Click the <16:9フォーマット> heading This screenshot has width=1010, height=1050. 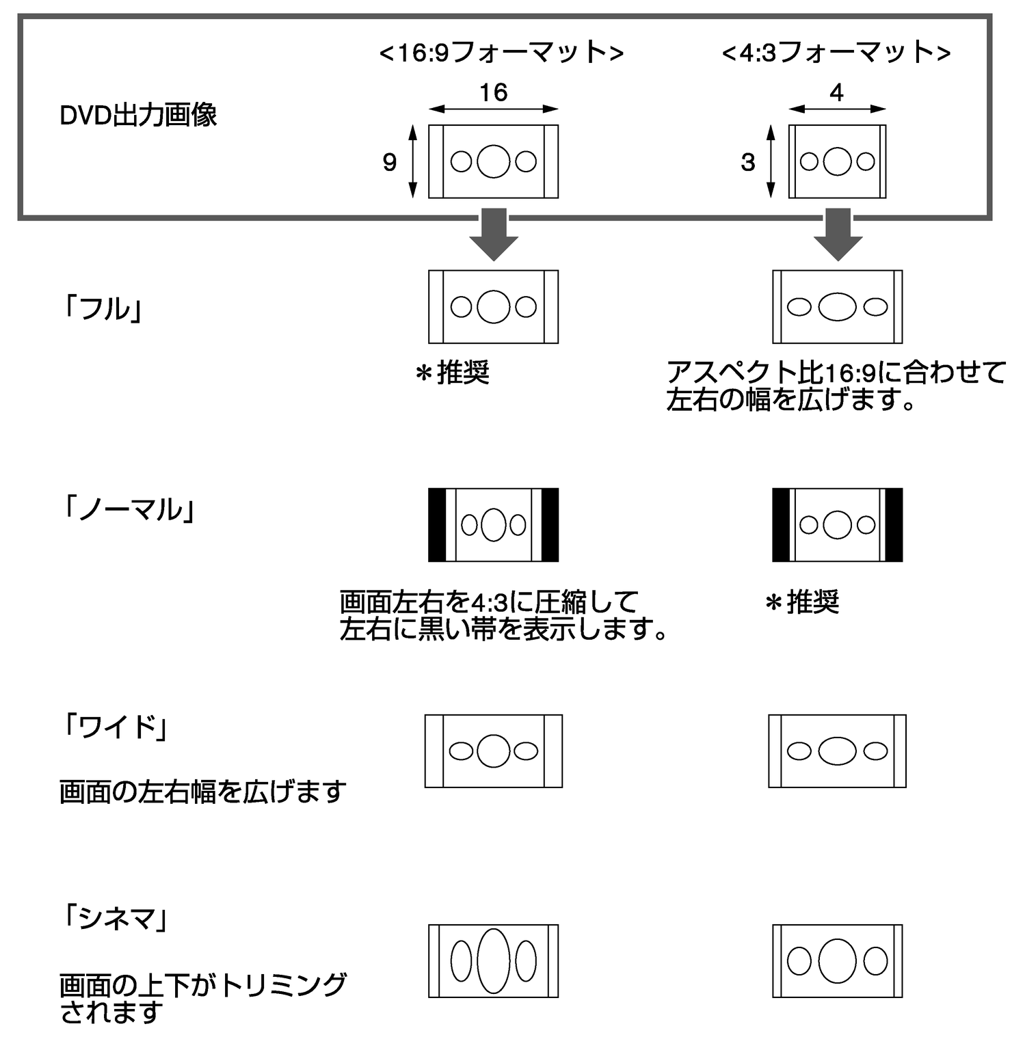pos(501,53)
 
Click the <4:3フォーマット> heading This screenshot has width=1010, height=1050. pos(836,53)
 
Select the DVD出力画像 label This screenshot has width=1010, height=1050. pos(138,115)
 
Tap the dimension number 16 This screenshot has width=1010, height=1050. pos(493,92)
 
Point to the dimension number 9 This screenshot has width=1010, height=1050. pos(390,162)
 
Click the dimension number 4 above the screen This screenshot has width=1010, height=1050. pos(836,92)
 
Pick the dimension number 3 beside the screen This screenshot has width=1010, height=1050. pos(748,162)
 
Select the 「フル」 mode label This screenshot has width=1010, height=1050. pos(103,309)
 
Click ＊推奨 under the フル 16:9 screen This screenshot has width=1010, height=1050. pos(453,373)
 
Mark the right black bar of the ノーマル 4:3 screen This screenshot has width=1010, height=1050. pos(894,525)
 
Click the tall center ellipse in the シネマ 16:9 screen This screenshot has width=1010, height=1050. pos(493,960)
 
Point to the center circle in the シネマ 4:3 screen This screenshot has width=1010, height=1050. pos(838,960)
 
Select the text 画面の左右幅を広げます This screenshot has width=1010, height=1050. pos(203,792)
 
